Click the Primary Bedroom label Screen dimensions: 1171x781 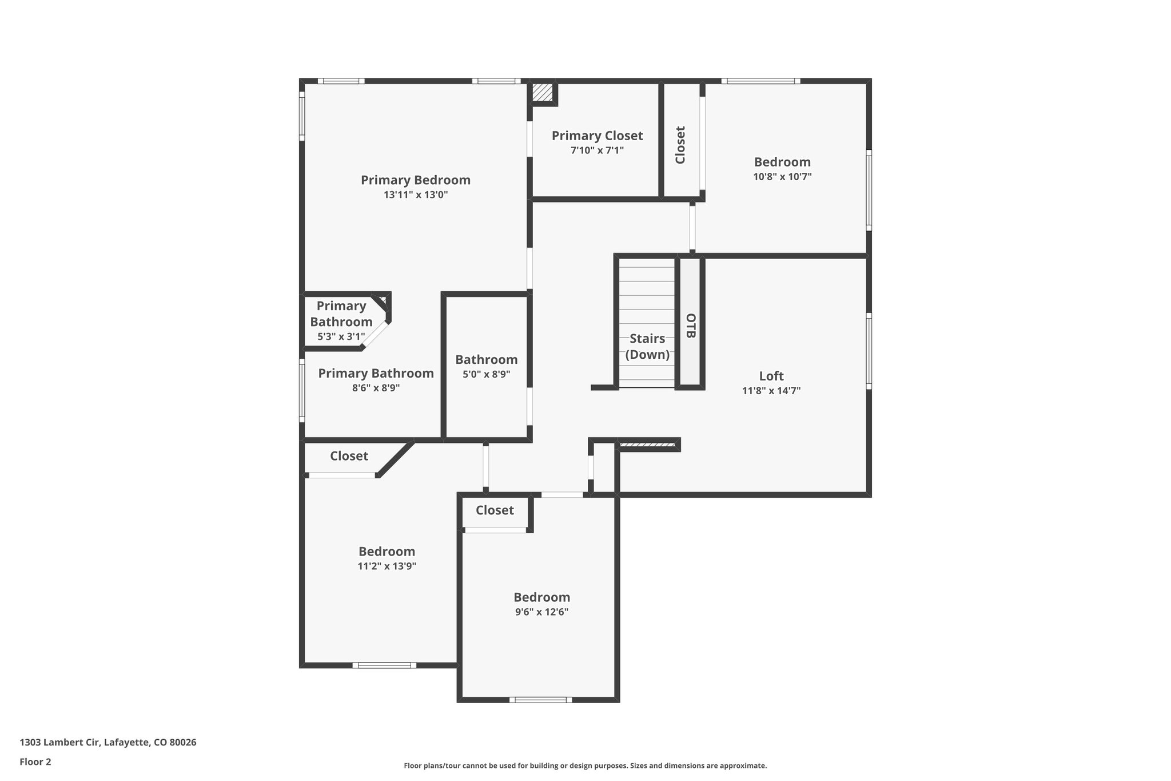pos(416,180)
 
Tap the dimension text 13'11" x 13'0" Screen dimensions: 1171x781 pos(416,195)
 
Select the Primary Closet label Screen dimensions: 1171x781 pos(597,136)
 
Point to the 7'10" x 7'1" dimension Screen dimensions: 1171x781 pos(597,150)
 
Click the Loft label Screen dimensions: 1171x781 pos(771,376)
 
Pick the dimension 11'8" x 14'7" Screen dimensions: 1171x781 pos(771,391)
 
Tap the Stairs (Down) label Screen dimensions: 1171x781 pos(647,346)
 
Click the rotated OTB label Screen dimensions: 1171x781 pos(691,326)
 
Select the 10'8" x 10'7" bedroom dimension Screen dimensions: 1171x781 pos(782,177)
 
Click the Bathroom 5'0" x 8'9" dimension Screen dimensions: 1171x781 pos(487,374)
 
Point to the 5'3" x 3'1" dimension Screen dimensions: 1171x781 pos(341,336)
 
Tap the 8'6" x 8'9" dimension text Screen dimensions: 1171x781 pos(376,388)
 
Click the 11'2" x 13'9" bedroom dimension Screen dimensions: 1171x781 pos(387,566)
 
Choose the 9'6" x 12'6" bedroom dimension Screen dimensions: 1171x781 pos(541,612)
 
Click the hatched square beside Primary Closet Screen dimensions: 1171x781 pos(543,93)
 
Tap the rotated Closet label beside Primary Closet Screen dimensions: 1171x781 pos(680,145)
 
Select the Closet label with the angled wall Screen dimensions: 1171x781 pos(349,456)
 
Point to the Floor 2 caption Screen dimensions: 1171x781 pos(35,762)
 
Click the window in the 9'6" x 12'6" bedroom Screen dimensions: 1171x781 pos(540,700)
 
